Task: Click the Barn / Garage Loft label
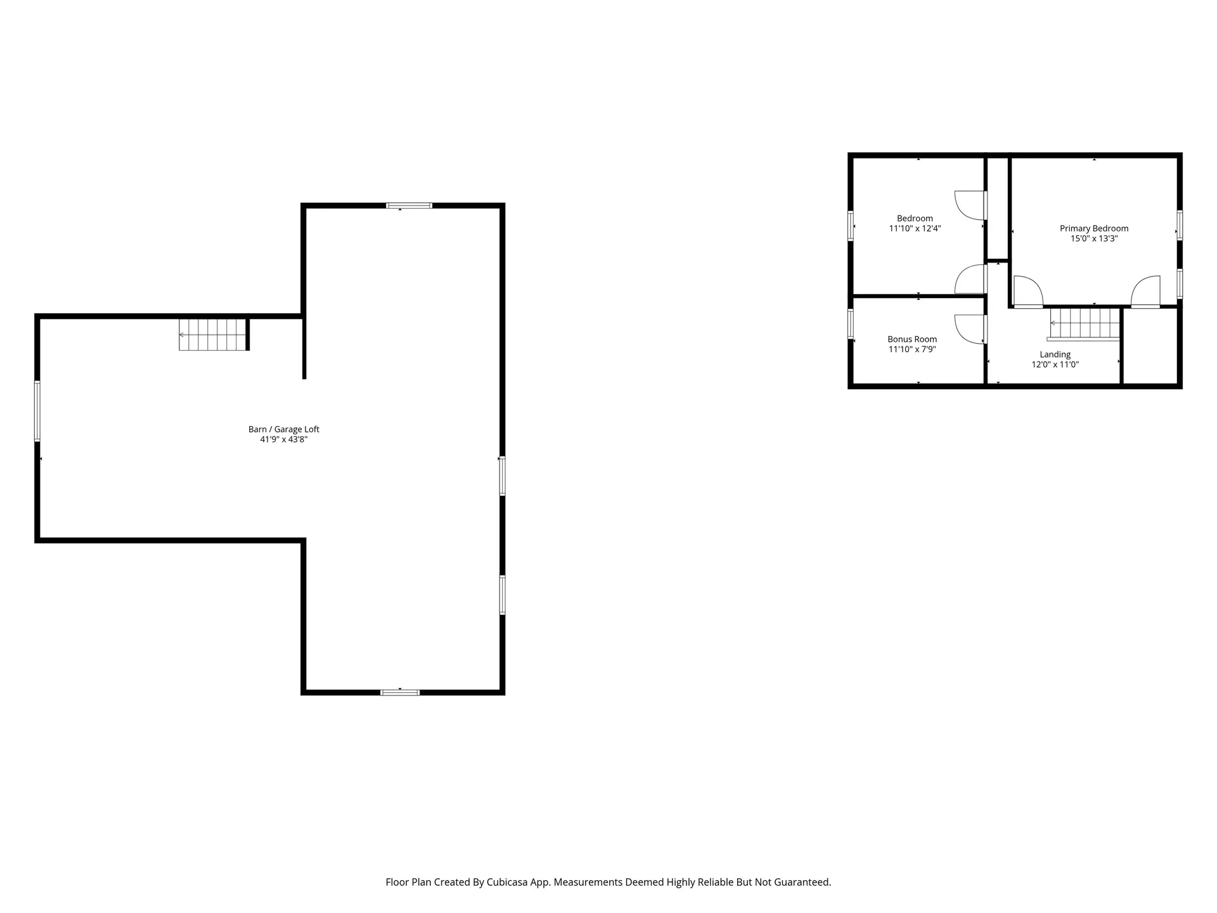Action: pos(284,429)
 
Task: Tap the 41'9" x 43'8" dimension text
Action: pos(284,439)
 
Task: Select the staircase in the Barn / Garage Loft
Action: pos(212,334)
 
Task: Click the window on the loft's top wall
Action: pos(409,205)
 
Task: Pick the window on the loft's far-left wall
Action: pos(37,411)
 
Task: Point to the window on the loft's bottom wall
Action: pos(400,692)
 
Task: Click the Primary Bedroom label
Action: pos(1094,228)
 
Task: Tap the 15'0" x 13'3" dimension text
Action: pos(1094,239)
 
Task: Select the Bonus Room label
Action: pos(912,339)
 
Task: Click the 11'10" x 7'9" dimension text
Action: pos(912,349)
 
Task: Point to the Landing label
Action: pos(1055,354)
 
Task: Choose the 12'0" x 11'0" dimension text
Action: pos(1055,365)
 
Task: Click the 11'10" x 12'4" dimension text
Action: pos(915,229)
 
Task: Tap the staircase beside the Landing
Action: pos(1085,323)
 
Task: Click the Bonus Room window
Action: pos(851,323)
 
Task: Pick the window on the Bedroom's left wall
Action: pos(851,225)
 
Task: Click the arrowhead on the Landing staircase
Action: pos(1053,323)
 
